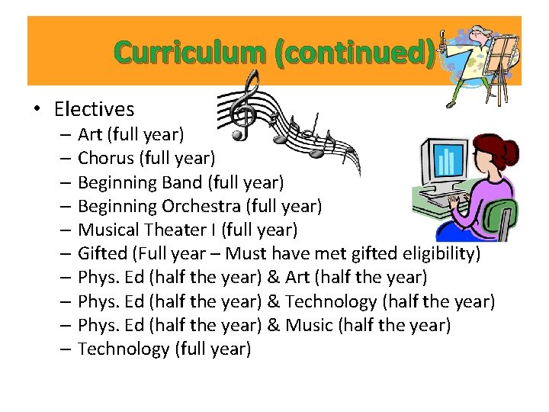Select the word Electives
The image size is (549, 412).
coord(94,110)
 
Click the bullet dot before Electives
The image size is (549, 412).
coord(37,111)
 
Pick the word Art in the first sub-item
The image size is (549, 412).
coord(90,135)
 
